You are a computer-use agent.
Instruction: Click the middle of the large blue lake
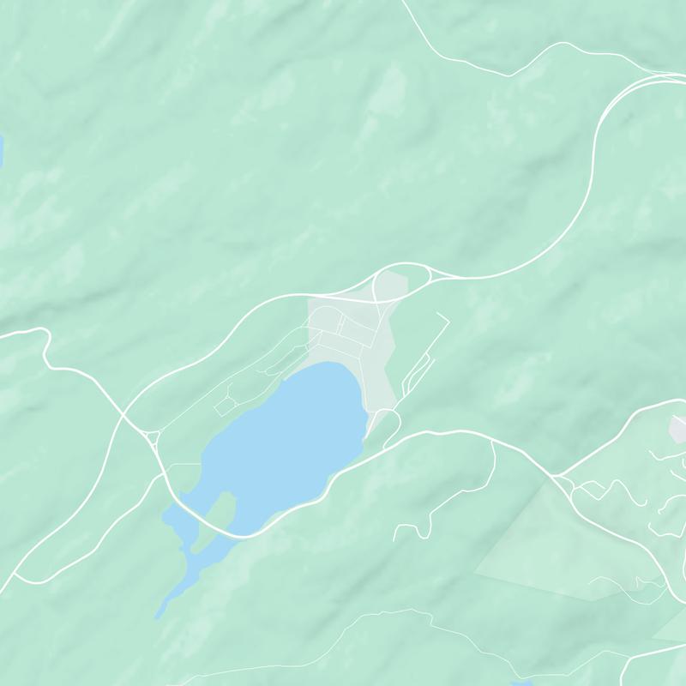(283, 437)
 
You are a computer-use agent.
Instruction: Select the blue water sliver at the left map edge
(2, 150)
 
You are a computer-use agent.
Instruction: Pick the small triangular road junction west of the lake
(153, 438)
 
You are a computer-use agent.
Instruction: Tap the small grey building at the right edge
(678, 429)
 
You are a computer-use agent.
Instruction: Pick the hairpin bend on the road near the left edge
(43, 334)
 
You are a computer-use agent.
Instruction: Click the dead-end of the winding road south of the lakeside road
(396, 539)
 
